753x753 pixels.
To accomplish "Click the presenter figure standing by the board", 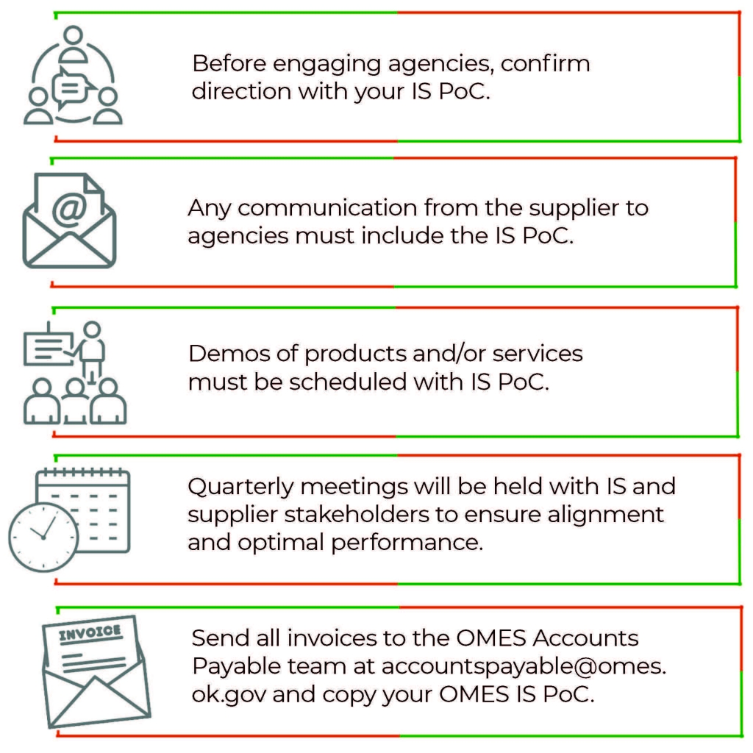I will [x=93, y=349].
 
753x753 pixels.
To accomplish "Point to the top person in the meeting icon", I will [x=73, y=44].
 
